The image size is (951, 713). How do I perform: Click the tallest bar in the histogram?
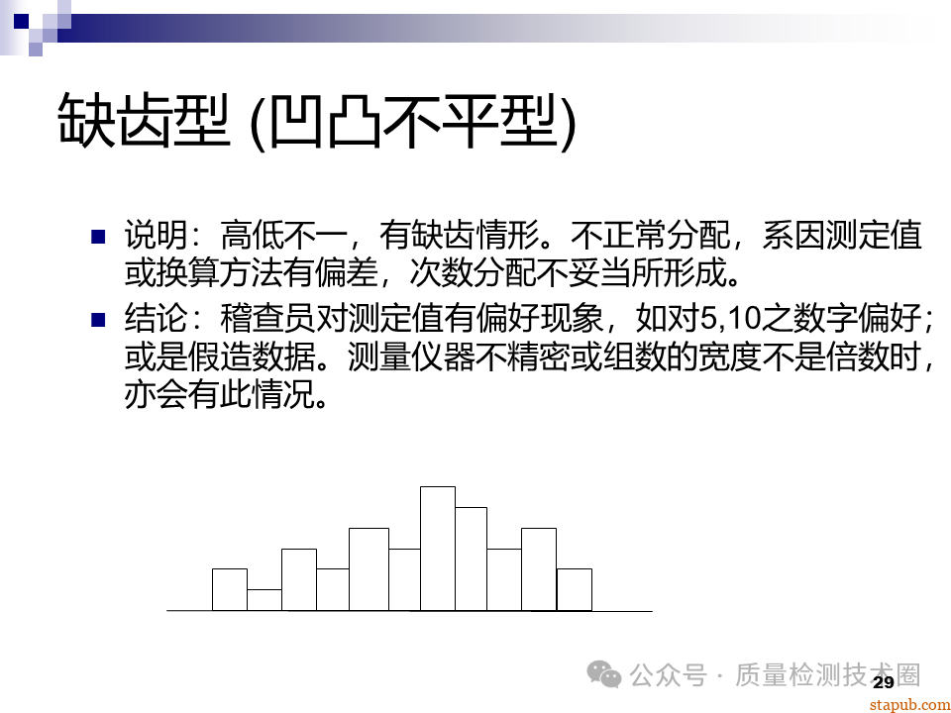point(438,548)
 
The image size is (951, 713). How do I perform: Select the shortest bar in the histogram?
point(264,600)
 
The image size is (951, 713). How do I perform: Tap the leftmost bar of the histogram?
point(230,589)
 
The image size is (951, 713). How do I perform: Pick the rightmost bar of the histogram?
point(575,589)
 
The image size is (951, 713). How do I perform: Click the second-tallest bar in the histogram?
point(472,559)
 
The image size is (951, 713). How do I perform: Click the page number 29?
point(884,682)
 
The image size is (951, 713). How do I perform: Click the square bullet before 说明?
point(98,237)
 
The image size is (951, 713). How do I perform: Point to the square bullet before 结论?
point(98,320)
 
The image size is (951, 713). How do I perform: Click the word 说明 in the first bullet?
point(148,237)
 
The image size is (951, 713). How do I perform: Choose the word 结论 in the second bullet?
point(148,320)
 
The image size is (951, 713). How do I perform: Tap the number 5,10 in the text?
point(733,320)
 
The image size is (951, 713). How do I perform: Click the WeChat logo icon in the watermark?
point(605,675)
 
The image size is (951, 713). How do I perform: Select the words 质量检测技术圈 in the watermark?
point(827,675)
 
